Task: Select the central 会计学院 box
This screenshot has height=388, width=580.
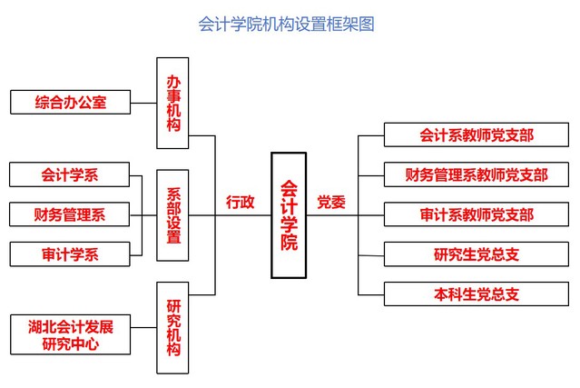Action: pos(289,214)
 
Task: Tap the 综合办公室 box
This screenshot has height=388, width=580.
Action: pos(70,102)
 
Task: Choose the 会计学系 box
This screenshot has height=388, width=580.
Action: pos(70,174)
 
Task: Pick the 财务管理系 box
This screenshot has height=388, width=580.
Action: pos(70,214)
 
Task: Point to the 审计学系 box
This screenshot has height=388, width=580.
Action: pos(70,254)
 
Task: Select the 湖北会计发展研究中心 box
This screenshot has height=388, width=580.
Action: pos(70,334)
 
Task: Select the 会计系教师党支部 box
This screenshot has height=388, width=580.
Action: pos(476,134)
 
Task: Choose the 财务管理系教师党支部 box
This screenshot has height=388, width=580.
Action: pos(476,174)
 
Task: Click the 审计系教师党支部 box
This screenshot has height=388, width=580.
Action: pos(476,214)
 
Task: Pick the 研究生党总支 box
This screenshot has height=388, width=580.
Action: pos(476,254)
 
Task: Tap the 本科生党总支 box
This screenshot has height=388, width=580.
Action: pos(476,293)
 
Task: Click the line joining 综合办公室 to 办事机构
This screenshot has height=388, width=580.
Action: pos(143,102)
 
